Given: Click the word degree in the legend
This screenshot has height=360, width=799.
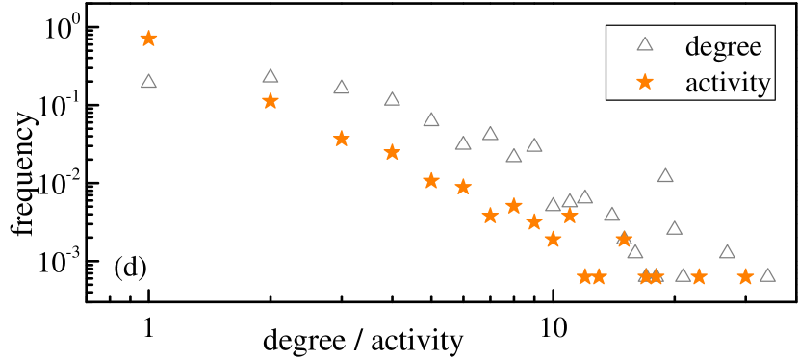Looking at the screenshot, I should click(x=723, y=46).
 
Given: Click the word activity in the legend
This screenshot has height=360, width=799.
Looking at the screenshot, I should click(x=728, y=84).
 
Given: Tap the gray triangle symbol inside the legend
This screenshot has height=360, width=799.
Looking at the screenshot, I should click(x=645, y=44).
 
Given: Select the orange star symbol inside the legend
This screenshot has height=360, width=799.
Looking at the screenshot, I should click(x=645, y=83).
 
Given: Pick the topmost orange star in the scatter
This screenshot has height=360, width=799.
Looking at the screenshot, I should click(x=148, y=39).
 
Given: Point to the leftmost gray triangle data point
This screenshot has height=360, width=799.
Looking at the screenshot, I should click(x=148, y=82).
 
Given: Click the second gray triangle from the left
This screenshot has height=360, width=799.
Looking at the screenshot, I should click(x=271, y=76).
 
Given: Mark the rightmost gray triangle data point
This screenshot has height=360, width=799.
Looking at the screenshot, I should click(x=767, y=275).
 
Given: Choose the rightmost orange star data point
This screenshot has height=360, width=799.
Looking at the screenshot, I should click(x=745, y=277).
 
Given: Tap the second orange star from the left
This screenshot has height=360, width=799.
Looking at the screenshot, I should click(x=271, y=101).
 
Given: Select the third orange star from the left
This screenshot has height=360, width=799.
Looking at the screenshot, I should click(x=341, y=139).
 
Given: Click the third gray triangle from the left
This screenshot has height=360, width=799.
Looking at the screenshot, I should click(x=341, y=88).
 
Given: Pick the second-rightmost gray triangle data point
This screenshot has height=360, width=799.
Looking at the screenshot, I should click(x=727, y=252).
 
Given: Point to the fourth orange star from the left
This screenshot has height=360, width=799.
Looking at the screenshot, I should click(x=392, y=152).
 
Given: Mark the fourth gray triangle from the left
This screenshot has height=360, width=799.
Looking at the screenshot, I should click(x=392, y=99).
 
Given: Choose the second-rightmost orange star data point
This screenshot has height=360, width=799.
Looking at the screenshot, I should click(x=699, y=277).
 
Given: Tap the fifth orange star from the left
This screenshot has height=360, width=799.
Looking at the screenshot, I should click(x=431, y=180).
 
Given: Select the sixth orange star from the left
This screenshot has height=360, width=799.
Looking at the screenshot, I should click(x=463, y=187).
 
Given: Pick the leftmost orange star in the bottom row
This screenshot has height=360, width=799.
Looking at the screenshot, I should click(x=584, y=277).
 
